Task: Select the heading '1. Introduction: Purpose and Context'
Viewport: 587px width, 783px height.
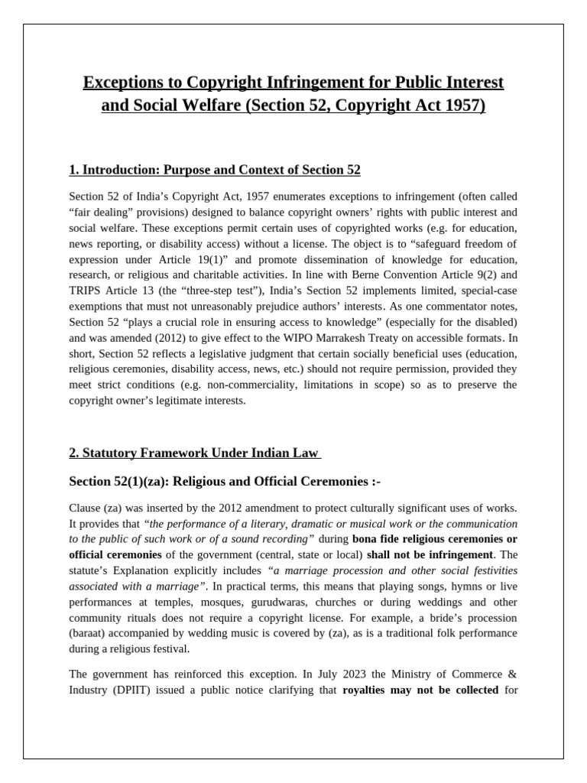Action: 215,169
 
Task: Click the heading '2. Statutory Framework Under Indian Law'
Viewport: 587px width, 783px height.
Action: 194,453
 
